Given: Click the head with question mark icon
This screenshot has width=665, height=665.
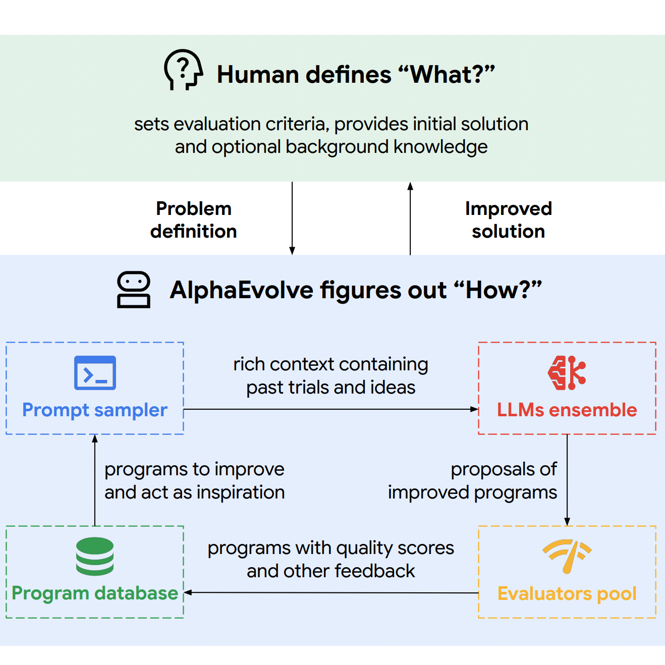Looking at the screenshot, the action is click(x=183, y=70).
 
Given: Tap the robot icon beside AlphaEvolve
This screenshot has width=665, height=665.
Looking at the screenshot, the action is click(x=134, y=290).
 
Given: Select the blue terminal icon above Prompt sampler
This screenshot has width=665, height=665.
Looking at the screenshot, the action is click(x=95, y=373).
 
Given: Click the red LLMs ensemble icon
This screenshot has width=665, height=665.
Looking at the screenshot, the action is click(x=567, y=373).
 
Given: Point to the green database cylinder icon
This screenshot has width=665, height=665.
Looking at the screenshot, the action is click(x=94, y=557).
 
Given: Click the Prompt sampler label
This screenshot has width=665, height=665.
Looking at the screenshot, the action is click(x=94, y=410).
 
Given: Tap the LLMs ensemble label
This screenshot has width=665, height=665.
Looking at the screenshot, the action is click(x=567, y=410).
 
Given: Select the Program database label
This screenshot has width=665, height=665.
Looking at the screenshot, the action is click(x=95, y=594).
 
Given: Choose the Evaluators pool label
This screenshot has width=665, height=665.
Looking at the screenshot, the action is click(x=567, y=594).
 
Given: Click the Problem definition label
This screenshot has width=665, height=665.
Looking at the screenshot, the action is click(x=194, y=220).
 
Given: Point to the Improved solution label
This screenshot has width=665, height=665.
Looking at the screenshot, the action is click(x=508, y=220).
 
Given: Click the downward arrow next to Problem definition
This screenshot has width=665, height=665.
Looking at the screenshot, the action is click(x=292, y=218).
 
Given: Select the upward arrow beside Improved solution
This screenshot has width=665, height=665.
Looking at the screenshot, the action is click(x=410, y=218).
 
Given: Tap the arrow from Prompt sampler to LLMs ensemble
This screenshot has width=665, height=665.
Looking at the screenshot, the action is click(x=331, y=409).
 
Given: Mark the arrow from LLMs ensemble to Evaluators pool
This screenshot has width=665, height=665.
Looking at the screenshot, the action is click(x=567, y=480).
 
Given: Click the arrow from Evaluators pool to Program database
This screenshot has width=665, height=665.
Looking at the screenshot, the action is click(x=331, y=592).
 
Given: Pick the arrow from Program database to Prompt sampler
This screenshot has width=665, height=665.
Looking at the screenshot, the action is click(x=95, y=480).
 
